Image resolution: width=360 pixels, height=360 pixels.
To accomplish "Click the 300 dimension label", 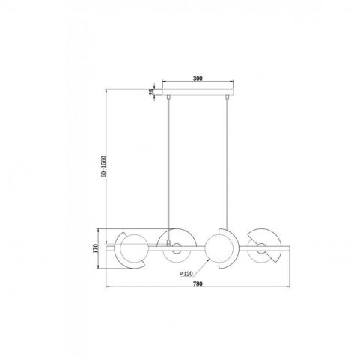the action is (198, 79).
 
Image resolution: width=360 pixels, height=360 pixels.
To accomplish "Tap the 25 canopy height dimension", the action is (151, 92).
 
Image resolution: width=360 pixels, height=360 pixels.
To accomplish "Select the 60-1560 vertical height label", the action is (104, 167).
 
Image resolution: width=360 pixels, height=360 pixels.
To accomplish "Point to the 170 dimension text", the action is (95, 248).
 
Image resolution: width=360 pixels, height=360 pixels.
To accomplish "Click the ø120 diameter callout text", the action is (186, 274).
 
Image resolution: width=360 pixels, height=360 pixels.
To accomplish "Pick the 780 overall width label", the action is (198, 284).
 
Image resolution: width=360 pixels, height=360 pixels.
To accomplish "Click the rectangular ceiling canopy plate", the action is (198, 92).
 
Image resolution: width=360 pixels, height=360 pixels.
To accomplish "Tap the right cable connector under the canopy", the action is (227, 97).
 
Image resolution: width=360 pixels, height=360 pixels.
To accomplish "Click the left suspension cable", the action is (168, 170).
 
